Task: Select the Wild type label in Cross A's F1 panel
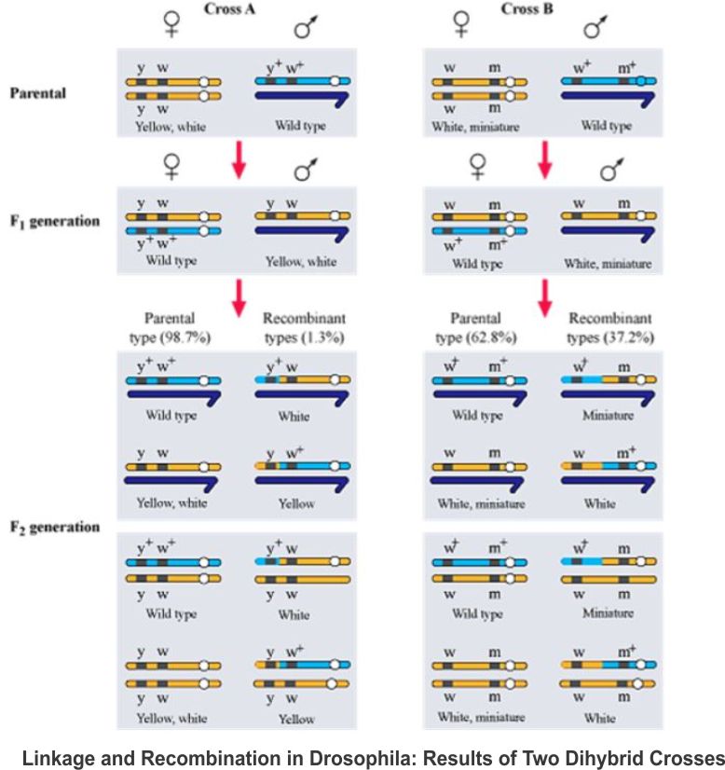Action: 171,262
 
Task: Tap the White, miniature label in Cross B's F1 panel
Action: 607,263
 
